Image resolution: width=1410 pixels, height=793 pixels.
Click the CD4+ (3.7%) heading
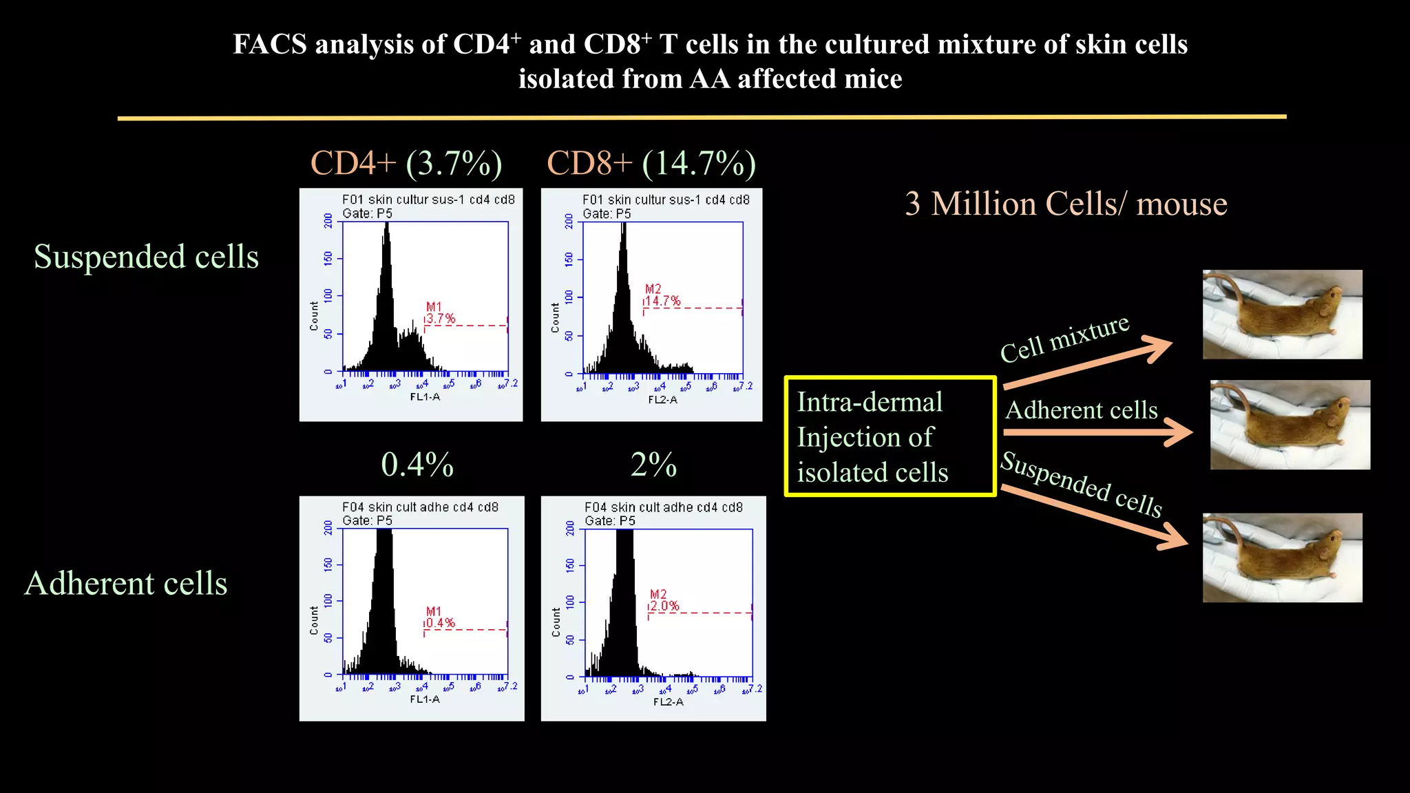click(x=406, y=164)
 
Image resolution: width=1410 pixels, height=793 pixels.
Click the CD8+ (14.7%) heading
click(x=651, y=164)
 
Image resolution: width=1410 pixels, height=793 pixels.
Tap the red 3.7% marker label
click(x=440, y=318)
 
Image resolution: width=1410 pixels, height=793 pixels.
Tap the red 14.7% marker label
click(x=662, y=301)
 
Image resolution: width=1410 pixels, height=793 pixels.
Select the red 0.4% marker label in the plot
click(x=440, y=623)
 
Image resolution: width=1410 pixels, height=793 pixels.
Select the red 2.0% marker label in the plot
click(x=664, y=606)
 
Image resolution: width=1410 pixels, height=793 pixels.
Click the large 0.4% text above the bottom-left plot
click(x=417, y=465)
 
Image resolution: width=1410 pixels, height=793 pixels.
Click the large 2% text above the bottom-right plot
click(x=653, y=465)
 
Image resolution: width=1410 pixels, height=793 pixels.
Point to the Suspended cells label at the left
click(x=146, y=257)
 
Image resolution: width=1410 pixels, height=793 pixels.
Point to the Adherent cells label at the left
click(x=126, y=584)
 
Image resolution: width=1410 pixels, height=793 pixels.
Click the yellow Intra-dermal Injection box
click(x=890, y=436)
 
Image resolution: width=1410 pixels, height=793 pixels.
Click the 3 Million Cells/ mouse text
click(x=1066, y=204)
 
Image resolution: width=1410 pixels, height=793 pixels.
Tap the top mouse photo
click(x=1282, y=315)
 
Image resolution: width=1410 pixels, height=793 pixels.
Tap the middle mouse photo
click(x=1290, y=425)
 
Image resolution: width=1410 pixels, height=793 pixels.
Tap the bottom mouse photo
click(x=1282, y=558)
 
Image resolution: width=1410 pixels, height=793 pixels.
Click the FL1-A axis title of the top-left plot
click(x=425, y=397)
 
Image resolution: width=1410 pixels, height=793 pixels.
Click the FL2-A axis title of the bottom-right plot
click(x=668, y=702)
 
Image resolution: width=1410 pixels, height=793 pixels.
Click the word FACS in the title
click(x=269, y=45)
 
